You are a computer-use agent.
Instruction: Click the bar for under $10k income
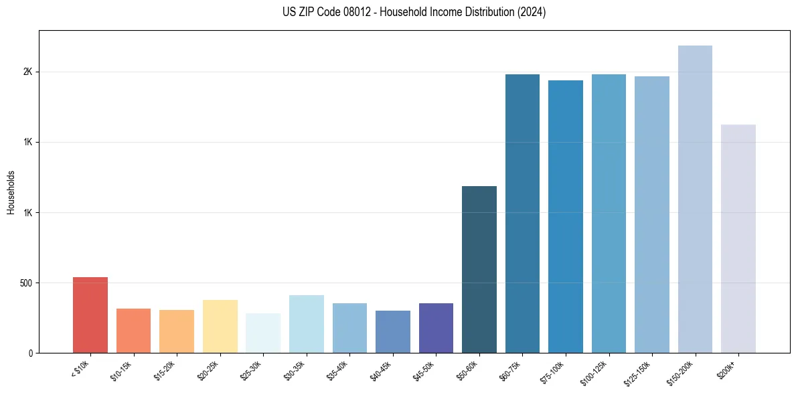[x=90, y=315]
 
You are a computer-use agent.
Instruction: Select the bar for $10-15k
[x=133, y=331]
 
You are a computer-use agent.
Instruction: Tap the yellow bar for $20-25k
[x=220, y=326]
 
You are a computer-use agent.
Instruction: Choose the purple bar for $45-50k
[x=436, y=328]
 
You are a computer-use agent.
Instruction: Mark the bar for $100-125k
[x=609, y=214]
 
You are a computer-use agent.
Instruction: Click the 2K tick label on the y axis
[x=27, y=72]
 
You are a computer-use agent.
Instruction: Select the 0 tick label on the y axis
[x=29, y=353]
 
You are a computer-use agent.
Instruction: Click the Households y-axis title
[x=11, y=192]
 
